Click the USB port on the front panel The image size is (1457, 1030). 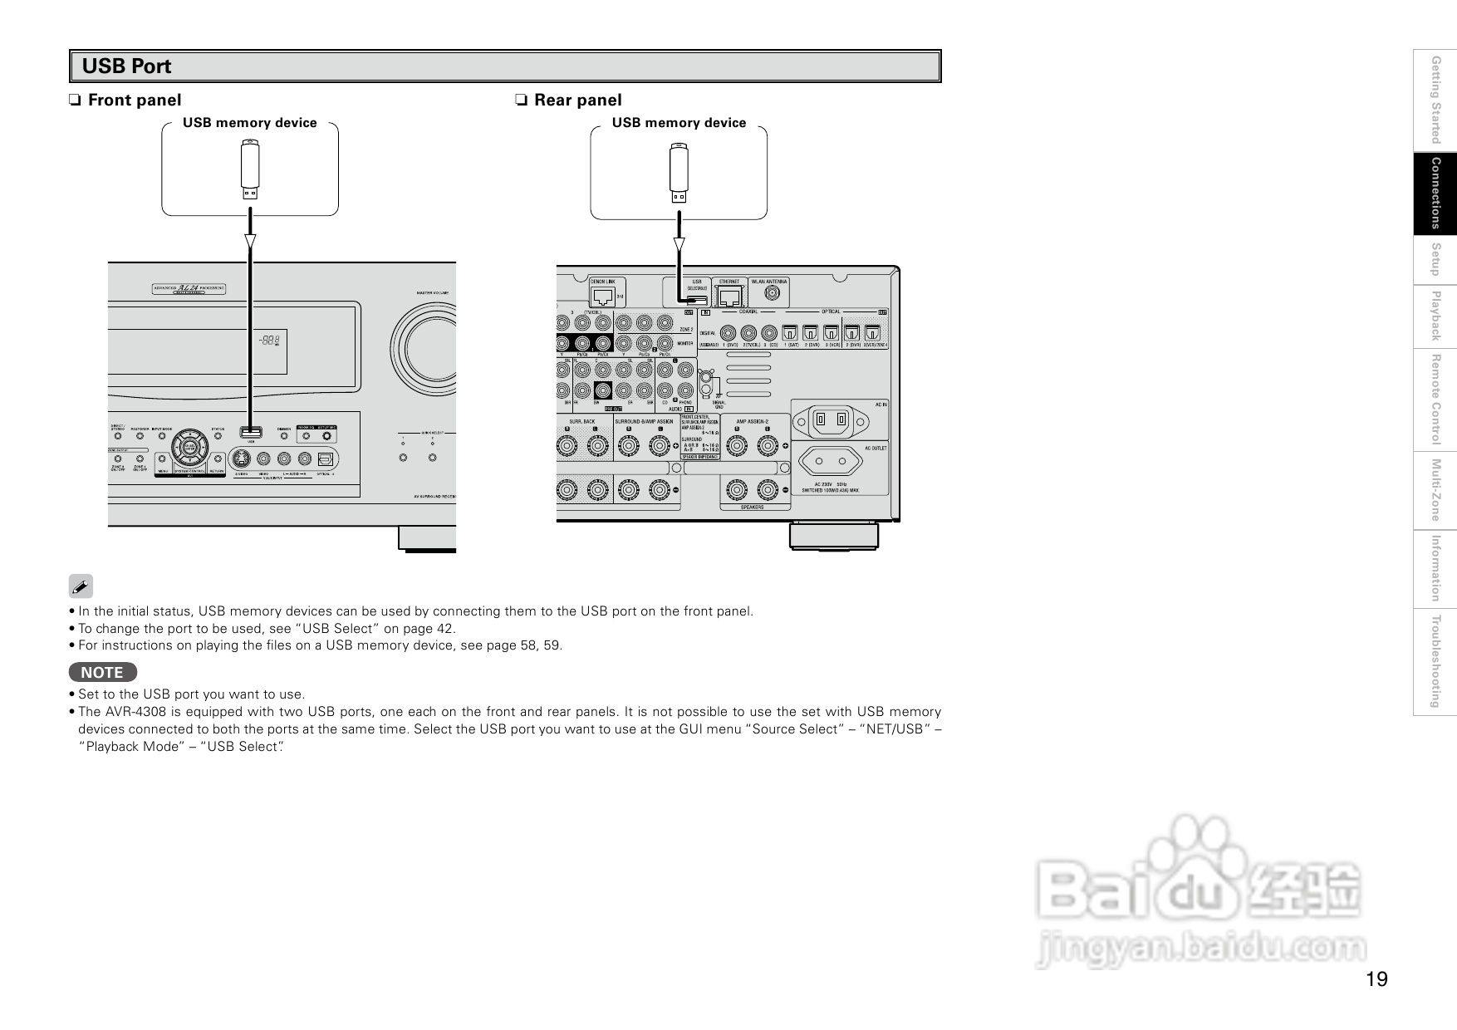[x=250, y=432]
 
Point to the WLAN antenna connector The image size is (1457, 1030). [x=772, y=293]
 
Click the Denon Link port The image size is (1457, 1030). [x=604, y=296]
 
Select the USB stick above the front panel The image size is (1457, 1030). [x=250, y=169]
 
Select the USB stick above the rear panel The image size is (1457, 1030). [x=679, y=173]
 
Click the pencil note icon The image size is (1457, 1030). [x=81, y=586]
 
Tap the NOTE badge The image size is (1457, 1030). [x=102, y=673]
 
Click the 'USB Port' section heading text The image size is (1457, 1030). [x=127, y=66]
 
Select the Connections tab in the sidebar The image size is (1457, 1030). [x=1435, y=193]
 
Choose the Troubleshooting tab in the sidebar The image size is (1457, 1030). [x=1435, y=661]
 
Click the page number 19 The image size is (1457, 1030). [x=1376, y=979]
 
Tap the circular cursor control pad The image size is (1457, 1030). [x=191, y=449]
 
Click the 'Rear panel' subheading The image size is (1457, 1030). [x=577, y=101]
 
